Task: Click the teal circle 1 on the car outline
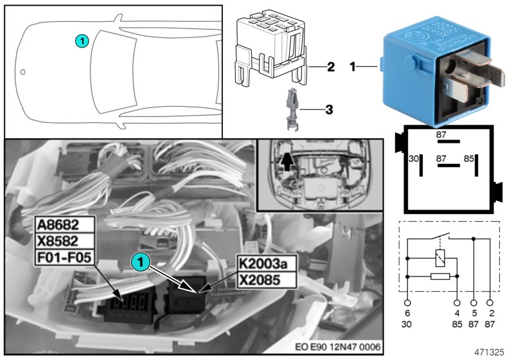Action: [81, 40]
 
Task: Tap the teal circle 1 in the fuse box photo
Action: [139, 261]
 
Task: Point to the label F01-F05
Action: [65, 257]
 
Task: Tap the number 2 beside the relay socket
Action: [330, 66]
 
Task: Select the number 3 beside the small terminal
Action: [328, 110]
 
